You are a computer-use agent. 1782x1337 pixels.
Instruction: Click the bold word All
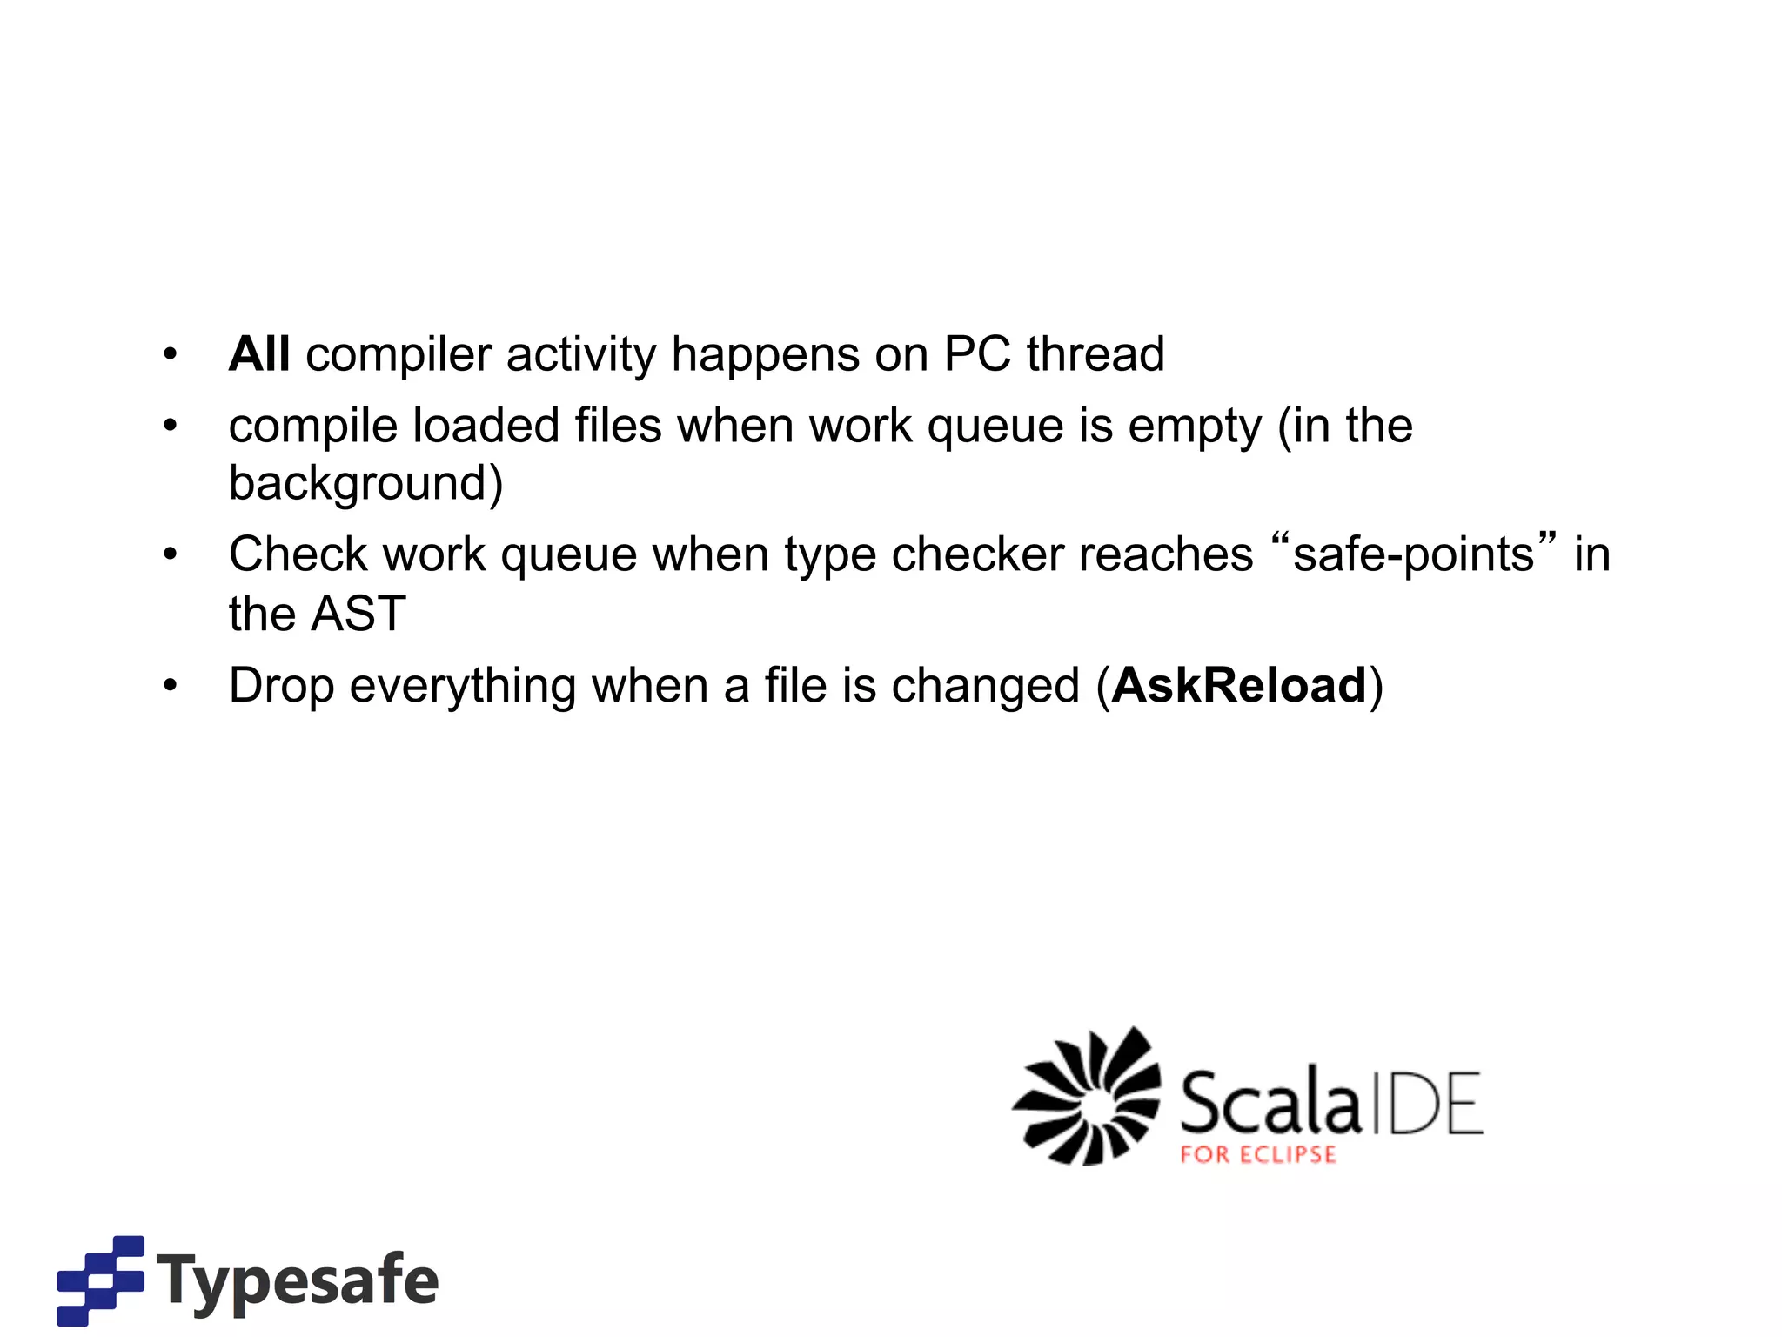[x=258, y=354]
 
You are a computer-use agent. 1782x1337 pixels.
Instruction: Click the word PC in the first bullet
[x=976, y=354]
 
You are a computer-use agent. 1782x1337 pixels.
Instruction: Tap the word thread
[x=1095, y=354]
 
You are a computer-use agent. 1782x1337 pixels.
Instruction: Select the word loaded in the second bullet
[x=486, y=426]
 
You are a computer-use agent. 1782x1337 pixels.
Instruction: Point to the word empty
[x=1194, y=427]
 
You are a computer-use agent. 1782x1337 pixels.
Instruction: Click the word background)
[x=365, y=484]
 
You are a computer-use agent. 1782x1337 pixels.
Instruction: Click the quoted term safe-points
[x=1413, y=554]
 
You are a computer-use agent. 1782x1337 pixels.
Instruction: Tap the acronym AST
[x=358, y=614]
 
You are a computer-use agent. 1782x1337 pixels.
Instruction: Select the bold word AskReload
[x=1239, y=686]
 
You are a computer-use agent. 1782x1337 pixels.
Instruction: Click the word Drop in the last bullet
[x=281, y=686]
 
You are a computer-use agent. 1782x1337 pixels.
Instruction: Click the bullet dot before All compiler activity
[x=171, y=355]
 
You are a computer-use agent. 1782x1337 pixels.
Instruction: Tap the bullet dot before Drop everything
[x=171, y=686]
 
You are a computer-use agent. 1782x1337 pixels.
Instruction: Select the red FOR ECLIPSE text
[x=1257, y=1155]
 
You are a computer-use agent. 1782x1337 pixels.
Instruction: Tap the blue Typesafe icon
[x=100, y=1280]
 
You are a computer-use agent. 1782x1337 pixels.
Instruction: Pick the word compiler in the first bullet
[x=399, y=356]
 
